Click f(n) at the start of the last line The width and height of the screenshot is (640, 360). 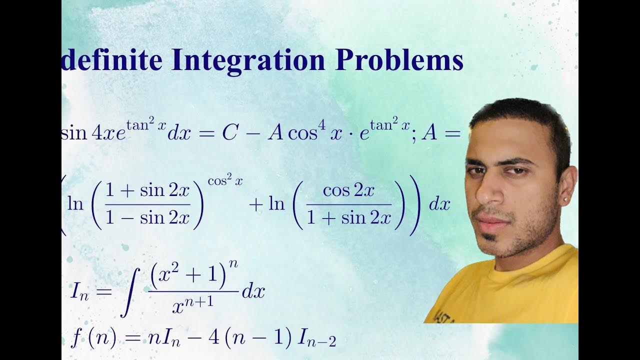click(x=93, y=339)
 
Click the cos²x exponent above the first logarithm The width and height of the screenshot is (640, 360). click(x=225, y=182)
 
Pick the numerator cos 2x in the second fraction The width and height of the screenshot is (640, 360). click(x=348, y=192)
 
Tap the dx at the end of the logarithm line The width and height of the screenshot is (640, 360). click(x=440, y=204)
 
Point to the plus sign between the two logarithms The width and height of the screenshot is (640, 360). click(x=255, y=205)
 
